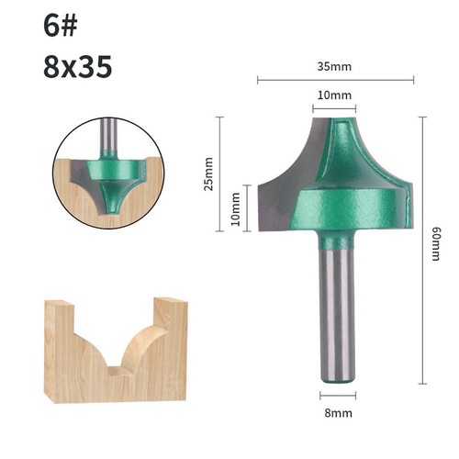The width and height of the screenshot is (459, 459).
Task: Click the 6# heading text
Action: tap(60, 26)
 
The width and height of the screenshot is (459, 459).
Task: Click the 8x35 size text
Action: tap(78, 66)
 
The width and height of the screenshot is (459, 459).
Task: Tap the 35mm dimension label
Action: tap(334, 66)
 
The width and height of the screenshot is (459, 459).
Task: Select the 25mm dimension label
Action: tap(208, 174)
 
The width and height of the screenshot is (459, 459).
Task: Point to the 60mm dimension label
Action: tap(435, 243)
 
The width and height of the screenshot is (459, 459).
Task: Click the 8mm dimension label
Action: tap(338, 413)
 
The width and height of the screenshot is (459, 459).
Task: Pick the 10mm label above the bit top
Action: tap(334, 95)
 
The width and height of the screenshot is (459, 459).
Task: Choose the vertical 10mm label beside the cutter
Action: tap(235, 208)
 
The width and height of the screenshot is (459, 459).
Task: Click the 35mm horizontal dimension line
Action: tap(335, 81)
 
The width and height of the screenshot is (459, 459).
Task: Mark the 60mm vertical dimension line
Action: tap(422, 251)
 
